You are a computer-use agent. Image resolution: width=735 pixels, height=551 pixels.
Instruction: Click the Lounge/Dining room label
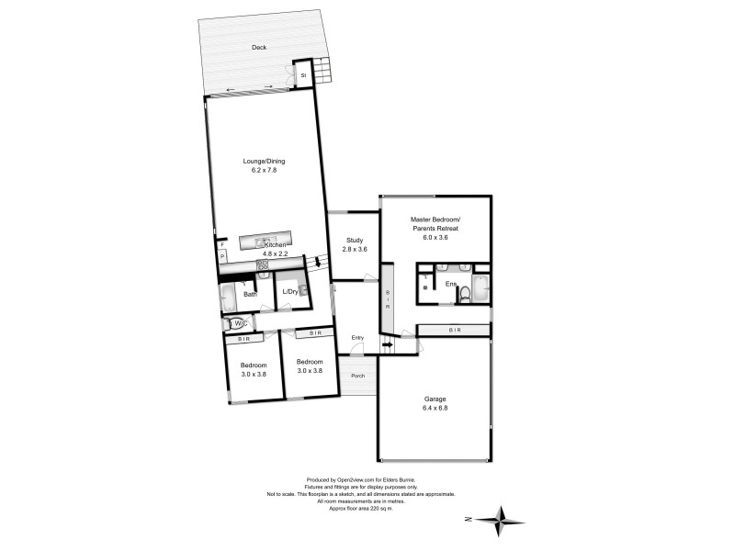(264, 162)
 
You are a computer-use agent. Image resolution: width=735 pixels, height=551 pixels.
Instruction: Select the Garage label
(435, 399)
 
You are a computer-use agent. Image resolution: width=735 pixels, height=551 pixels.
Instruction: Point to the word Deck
(259, 48)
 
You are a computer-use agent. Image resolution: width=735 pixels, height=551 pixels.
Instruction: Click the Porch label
(357, 376)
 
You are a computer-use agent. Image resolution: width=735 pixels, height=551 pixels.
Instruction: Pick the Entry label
(357, 338)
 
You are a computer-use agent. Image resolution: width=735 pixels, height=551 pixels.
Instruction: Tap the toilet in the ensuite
(465, 293)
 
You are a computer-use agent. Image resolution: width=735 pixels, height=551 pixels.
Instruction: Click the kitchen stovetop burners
(263, 265)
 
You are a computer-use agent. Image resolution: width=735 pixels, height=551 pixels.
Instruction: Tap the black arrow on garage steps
(387, 346)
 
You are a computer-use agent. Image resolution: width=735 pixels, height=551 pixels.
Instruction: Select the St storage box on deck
(301, 75)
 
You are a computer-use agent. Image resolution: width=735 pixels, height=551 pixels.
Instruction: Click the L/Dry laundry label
(289, 292)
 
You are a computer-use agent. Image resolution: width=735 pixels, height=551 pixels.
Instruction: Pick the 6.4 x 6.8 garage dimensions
(435, 410)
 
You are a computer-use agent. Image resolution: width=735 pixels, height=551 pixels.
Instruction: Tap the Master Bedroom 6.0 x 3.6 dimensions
(435, 238)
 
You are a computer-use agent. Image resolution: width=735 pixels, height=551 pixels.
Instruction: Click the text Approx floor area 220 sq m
(367, 508)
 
